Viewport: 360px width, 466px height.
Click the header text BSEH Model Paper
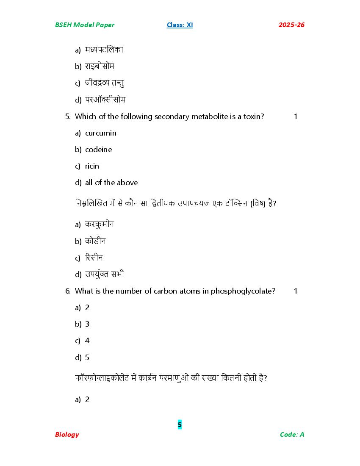point(85,25)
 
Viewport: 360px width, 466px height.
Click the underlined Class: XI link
point(180,25)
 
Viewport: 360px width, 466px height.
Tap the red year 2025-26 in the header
point(291,25)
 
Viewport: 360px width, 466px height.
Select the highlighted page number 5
point(180,424)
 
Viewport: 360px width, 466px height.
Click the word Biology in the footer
point(67,434)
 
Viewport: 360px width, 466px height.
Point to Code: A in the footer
point(292,434)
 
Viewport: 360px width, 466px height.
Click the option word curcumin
point(101,133)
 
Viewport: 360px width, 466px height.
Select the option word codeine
point(99,150)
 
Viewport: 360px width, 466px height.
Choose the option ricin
point(92,166)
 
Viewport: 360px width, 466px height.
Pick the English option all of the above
point(111,183)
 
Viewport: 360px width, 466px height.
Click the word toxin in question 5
point(252,116)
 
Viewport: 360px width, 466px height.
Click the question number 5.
point(67,116)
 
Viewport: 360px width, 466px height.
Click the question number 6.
point(67,291)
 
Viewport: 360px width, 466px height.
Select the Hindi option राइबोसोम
point(100,66)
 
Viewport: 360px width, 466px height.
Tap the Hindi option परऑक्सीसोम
point(105,100)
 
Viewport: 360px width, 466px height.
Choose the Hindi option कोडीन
point(95,241)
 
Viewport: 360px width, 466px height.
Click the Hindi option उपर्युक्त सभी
point(105,274)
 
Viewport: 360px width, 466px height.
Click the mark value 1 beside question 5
point(296,116)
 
